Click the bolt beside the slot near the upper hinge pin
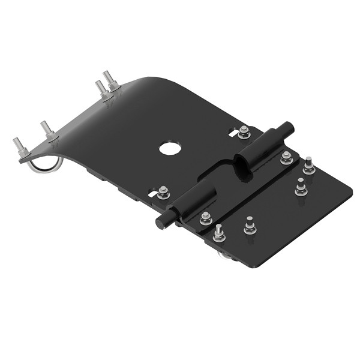(244, 132)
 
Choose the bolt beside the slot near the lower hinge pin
(163, 193)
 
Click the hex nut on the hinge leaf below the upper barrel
(287, 158)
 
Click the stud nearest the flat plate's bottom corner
(219, 233)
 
